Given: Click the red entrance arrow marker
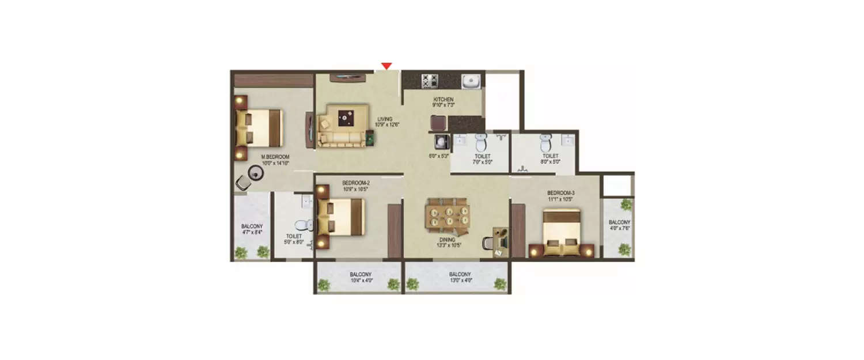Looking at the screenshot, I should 387,66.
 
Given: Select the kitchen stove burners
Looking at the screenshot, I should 430,81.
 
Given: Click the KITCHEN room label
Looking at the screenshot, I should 444,100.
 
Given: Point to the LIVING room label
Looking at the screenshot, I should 385,119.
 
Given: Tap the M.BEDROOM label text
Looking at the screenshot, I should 275,157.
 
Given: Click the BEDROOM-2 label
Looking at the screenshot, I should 355,183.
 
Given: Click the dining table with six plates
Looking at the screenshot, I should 448,216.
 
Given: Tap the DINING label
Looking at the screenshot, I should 447,239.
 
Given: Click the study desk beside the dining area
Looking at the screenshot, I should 498,241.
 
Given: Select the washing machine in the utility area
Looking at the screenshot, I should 441,142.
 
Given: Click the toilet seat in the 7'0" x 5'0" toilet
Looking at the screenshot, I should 481,142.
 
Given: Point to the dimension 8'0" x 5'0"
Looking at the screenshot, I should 550,162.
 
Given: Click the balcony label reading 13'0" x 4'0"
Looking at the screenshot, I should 460,281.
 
